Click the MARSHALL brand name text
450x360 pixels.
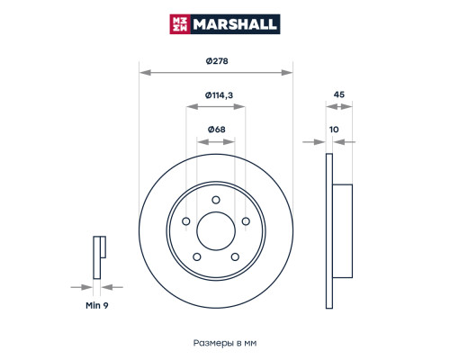point(235,24)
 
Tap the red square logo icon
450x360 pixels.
point(180,24)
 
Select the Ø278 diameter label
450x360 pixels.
point(217,61)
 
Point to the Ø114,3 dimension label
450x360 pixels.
point(219,95)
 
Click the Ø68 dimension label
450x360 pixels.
point(217,130)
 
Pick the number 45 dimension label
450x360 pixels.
point(339,94)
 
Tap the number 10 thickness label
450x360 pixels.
point(334,130)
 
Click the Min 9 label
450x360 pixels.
point(97,305)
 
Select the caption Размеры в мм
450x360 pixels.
point(225,343)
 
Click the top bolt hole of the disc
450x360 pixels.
point(216,200)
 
